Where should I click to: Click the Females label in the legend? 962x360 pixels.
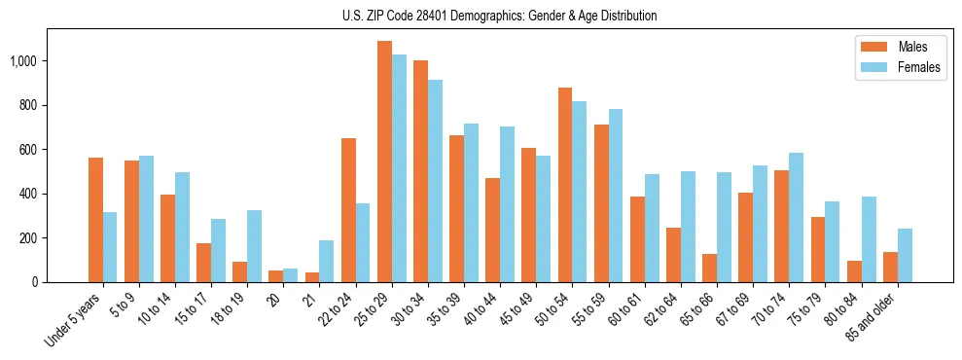point(919,68)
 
